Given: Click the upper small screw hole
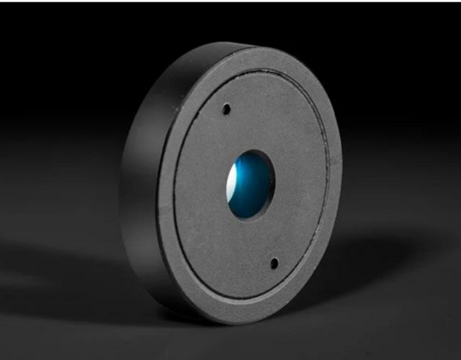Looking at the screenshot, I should [226, 109].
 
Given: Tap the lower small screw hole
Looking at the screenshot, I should [274, 263].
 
